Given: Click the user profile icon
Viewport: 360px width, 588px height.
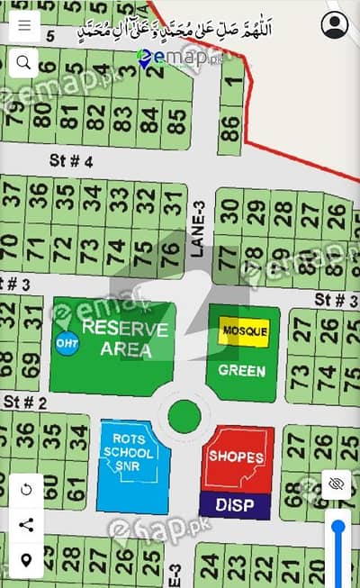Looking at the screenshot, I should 335,24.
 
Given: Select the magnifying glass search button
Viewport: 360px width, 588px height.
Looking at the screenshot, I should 23,62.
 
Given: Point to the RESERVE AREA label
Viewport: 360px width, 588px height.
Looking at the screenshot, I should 124,338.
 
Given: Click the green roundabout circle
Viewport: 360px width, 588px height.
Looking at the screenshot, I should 184,415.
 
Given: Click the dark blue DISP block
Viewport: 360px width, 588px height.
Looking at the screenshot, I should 235,505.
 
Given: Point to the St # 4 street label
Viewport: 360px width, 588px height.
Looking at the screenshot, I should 71,161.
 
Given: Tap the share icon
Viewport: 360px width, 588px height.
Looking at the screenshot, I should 25,525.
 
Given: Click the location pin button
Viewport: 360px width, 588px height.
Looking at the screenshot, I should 25,560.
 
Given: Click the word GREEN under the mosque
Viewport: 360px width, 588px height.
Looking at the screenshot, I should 242,370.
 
